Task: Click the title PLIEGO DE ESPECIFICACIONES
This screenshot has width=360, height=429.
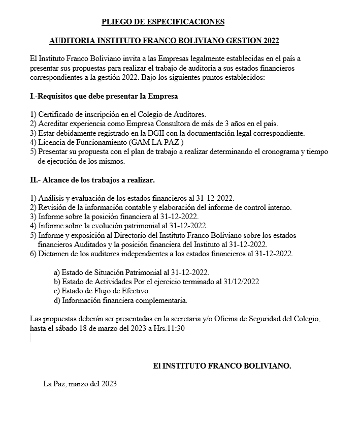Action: (x=162, y=22)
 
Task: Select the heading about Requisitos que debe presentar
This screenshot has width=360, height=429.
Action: (x=104, y=96)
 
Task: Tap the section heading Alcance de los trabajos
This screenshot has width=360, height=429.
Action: (x=92, y=180)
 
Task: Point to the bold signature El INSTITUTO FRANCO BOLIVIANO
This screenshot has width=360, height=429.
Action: (x=222, y=365)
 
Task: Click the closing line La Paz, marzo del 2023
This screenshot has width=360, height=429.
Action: (x=80, y=384)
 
